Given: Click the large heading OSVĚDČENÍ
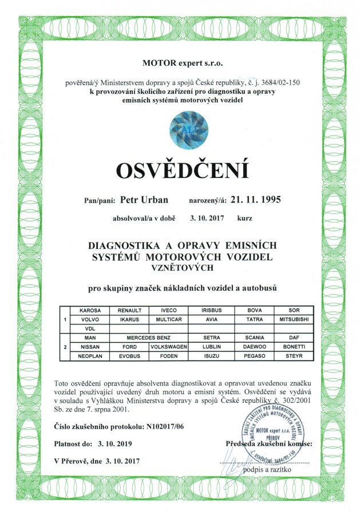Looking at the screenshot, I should coord(183,170).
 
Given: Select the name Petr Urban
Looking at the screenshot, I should coord(141,201).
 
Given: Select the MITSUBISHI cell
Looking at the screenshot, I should coord(293,319).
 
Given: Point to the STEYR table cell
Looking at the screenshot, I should coord(293,356).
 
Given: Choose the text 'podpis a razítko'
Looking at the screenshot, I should coord(269,469).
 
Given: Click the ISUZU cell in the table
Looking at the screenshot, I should coord(208,356).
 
